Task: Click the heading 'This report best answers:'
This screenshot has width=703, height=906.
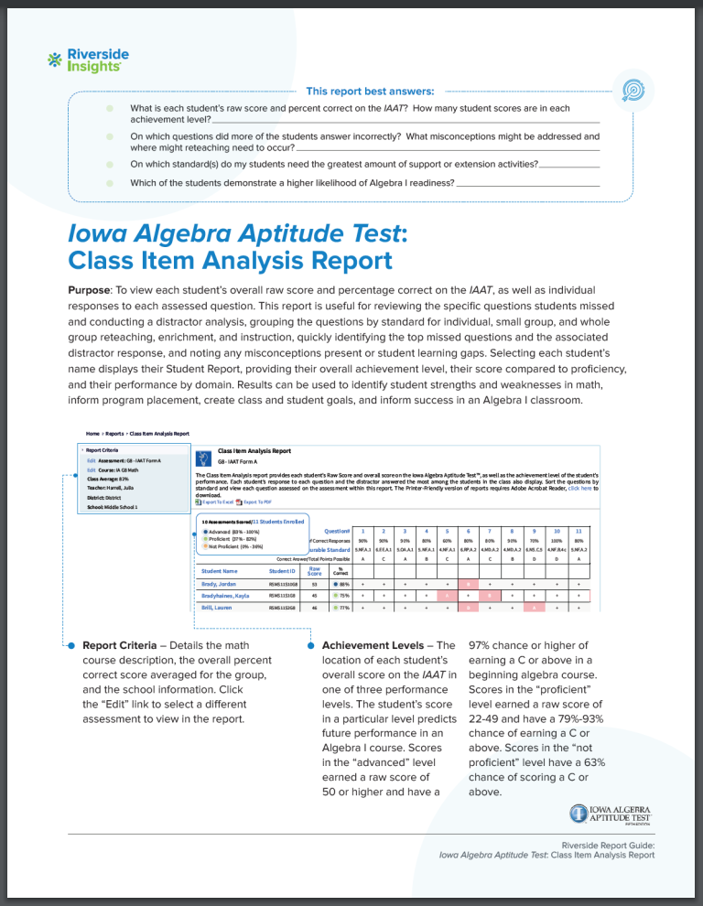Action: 370,91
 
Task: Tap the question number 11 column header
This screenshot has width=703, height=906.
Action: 579,530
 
